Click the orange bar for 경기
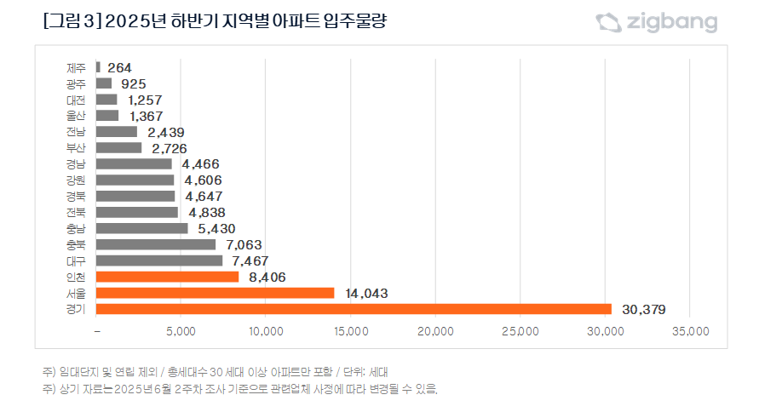[x=354, y=309]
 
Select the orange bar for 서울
[x=215, y=293]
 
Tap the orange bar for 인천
[x=167, y=277]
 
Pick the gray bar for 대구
[x=159, y=260]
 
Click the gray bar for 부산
[x=119, y=148]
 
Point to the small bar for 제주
[x=99, y=67]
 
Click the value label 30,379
[x=643, y=309]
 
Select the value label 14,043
[x=366, y=293]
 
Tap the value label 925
[x=133, y=83]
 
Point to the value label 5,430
[x=215, y=228]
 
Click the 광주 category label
[x=76, y=83]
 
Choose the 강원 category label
[x=76, y=180]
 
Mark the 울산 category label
[x=76, y=116]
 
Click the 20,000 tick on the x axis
[x=435, y=331]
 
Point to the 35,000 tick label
[x=689, y=331]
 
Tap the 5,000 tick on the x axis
[x=181, y=331]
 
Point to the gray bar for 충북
[x=156, y=244]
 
